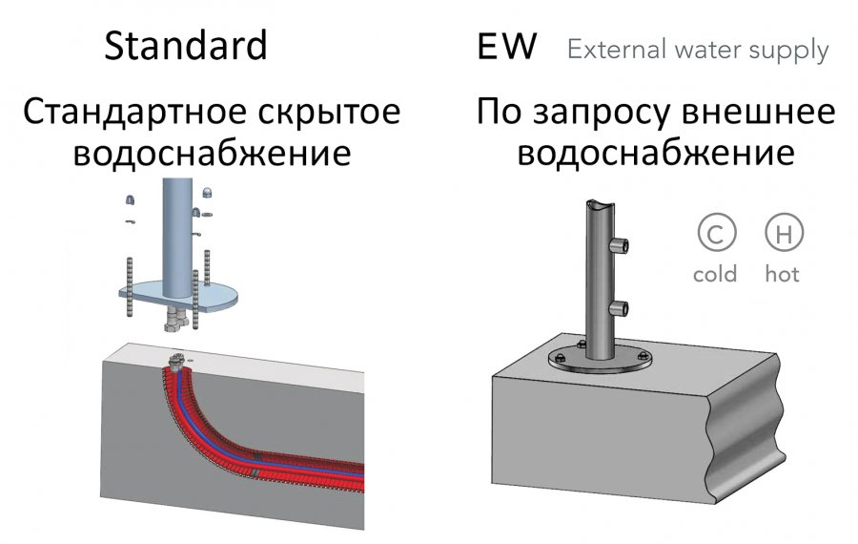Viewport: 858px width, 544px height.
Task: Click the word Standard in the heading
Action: (186, 46)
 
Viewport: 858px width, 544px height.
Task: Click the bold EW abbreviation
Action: (507, 47)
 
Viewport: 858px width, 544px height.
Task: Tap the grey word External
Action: (617, 50)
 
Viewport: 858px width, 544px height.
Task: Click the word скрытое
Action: (330, 113)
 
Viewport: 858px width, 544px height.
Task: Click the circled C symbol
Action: (717, 232)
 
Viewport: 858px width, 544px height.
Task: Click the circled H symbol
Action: (784, 232)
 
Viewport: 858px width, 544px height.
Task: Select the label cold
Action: (715, 273)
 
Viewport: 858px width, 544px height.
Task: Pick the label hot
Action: (782, 273)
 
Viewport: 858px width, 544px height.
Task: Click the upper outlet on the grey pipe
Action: (619, 245)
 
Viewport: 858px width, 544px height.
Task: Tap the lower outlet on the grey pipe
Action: (619, 308)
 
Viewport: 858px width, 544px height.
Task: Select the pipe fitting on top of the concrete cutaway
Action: (175, 361)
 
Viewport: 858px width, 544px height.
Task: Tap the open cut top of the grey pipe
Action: (600, 206)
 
